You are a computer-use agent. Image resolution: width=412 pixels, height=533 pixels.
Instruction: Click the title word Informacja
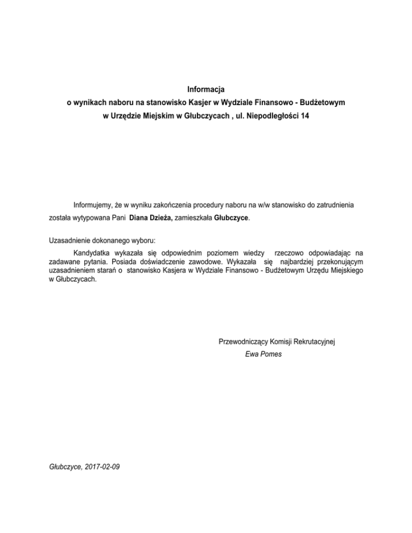tap(206, 88)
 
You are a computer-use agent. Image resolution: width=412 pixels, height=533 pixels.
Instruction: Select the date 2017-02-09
tap(101, 467)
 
